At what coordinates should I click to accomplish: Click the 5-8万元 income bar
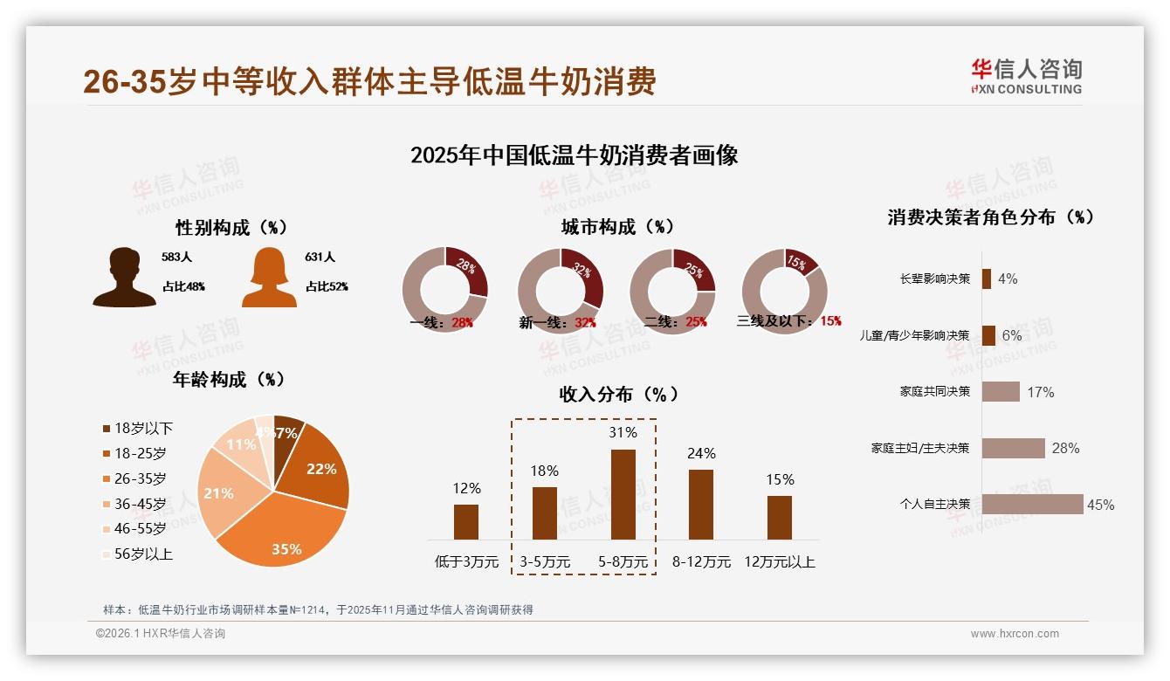(x=623, y=494)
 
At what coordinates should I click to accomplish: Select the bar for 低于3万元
(x=466, y=521)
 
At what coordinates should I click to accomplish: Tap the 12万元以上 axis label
(x=779, y=562)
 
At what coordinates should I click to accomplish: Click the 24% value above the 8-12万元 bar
(x=701, y=453)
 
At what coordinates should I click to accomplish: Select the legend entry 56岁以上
(x=137, y=554)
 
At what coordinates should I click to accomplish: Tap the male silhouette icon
(x=125, y=278)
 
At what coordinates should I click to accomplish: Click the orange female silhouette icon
(x=269, y=278)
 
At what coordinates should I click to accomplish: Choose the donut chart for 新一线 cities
(x=560, y=291)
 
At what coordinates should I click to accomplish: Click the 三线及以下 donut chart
(x=783, y=291)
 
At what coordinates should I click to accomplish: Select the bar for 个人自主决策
(x=1032, y=504)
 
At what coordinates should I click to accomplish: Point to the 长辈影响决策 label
(x=934, y=279)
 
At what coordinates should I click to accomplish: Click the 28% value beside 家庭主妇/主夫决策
(x=1065, y=448)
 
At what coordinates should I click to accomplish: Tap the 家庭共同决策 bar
(x=1001, y=391)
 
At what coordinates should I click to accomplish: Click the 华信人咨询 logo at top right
(x=1026, y=76)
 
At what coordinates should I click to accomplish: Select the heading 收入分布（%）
(x=618, y=394)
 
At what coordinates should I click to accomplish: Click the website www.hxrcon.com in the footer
(x=1015, y=634)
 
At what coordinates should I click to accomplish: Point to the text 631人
(x=320, y=258)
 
